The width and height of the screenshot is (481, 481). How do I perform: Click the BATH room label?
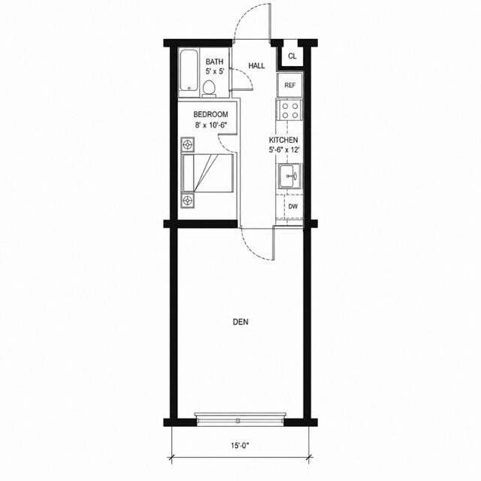click(214, 62)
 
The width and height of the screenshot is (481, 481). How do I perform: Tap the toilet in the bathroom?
click(209, 89)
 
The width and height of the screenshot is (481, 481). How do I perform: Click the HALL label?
click(256, 65)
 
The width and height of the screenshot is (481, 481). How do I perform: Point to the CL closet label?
click(292, 56)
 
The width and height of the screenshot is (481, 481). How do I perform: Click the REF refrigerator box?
click(290, 85)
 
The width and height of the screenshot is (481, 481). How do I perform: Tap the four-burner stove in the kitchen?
click(290, 110)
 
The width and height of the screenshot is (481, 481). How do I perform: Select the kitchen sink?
click(290, 176)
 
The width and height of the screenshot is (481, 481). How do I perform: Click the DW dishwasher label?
click(293, 207)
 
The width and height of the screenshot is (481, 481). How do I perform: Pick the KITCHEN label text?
click(283, 141)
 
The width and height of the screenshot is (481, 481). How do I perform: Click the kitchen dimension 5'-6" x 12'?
click(284, 150)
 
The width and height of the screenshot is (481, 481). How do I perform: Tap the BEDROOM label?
click(210, 114)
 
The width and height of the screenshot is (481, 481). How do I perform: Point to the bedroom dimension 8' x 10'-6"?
click(212, 125)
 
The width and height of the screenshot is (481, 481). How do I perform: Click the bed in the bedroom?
click(207, 174)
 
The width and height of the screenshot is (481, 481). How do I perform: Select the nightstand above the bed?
click(187, 144)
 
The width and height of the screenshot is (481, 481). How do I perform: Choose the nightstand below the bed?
click(187, 201)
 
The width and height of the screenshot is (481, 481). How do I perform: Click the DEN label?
click(240, 322)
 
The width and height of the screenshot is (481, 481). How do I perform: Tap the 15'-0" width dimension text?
click(240, 446)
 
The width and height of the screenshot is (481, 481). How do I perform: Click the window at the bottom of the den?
click(240, 419)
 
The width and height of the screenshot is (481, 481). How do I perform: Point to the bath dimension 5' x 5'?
click(215, 71)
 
